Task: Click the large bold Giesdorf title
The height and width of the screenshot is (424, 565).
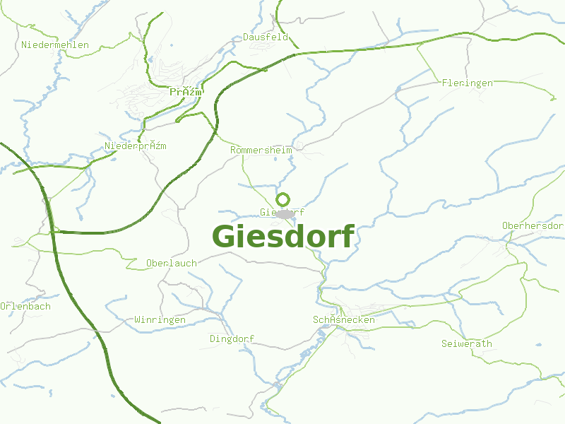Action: coord(282,237)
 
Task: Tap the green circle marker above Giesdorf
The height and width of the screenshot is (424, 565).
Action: coord(283,199)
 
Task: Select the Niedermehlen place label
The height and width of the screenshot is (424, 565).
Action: coord(55,45)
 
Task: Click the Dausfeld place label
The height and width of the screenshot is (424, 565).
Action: coord(266,37)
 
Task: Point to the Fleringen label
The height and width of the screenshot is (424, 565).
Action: coord(467,83)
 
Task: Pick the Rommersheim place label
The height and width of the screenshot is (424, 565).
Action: coord(261,151)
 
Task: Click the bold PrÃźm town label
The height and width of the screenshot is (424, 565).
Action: coord(186,93)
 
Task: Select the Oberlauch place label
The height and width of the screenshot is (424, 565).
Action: coord(171,264)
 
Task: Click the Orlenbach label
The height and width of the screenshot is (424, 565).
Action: coord(25,307)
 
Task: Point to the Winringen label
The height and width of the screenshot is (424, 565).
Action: coord(160,320)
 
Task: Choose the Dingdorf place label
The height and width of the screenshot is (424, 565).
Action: coord(232,339)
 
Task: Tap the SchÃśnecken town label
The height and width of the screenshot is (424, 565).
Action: coord(343,320)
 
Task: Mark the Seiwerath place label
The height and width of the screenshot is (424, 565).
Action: coord(466,344)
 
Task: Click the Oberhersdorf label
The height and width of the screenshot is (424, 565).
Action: coord(533,226)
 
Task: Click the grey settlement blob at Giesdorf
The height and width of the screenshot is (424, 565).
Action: coord(285,213)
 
